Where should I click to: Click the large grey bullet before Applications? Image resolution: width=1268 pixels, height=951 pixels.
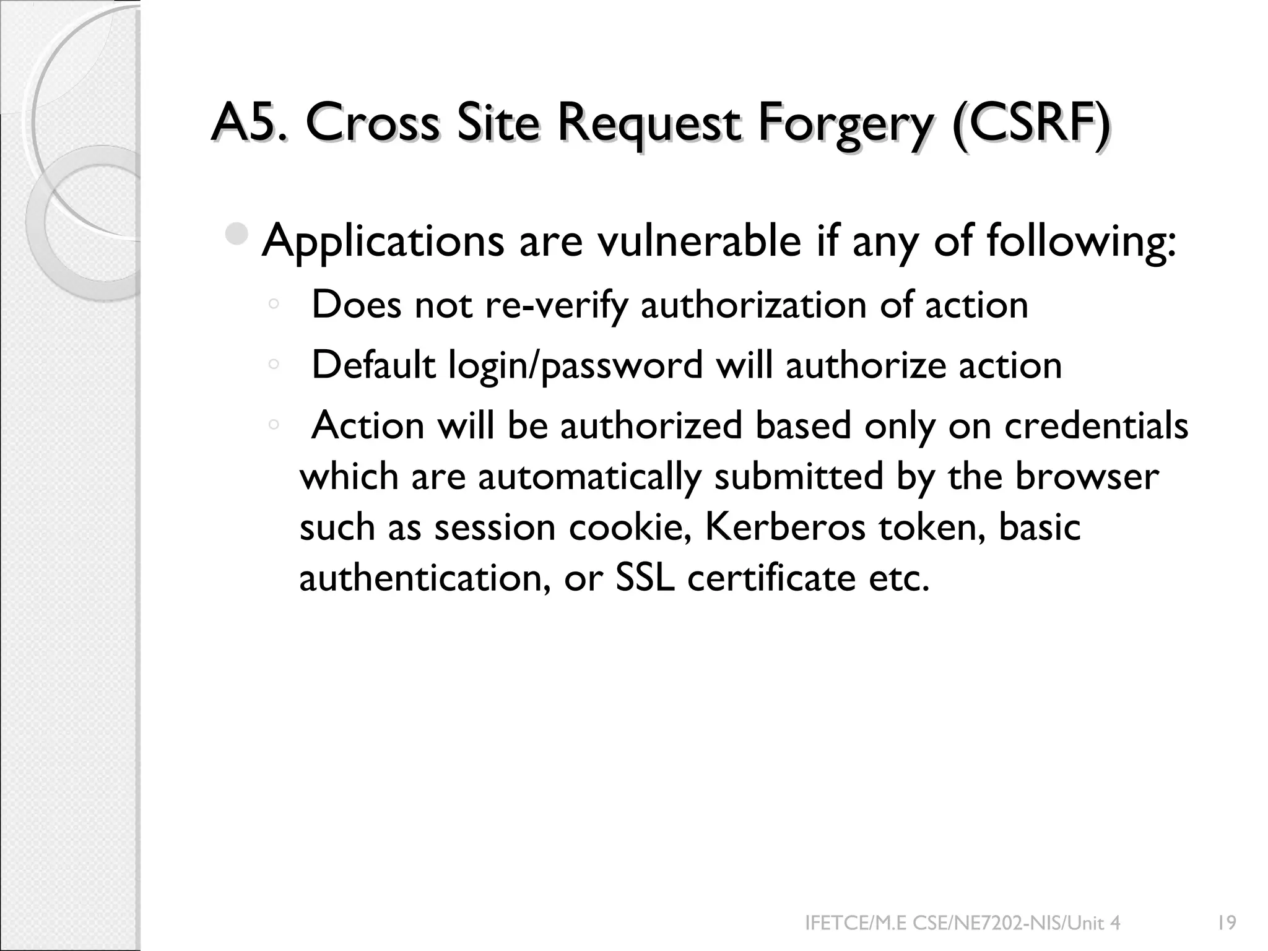point(237,234)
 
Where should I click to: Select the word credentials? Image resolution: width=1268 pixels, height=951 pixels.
point(1096,425)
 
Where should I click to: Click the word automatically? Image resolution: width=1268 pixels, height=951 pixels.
point(589,477)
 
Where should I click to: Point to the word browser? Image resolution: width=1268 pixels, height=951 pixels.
point(1087,476)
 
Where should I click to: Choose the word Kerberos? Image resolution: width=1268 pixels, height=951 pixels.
point(785,527)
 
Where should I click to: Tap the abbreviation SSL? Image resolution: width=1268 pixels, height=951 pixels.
point(645,578)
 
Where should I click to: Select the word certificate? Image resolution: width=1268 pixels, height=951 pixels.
point(771,578)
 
